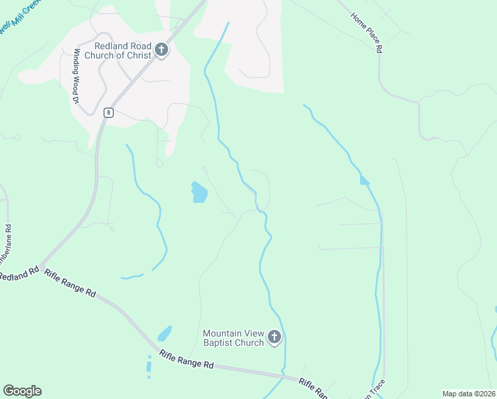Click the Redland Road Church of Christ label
click(x=122, y=50)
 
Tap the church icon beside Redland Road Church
click(x=161, y=50)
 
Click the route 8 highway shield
click(x=108, y=112)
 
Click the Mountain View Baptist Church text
click(x=233, y=338)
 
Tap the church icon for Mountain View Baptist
click(x=274, y=338)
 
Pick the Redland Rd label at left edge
click(x=19, y=274)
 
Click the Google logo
click(x=22, y=391)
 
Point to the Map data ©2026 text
click(x=468, y=394)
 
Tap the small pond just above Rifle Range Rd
click(x=164, y=332)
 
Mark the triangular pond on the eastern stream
click(x=363, y=180)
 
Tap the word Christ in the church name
click(x=139, y=55)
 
